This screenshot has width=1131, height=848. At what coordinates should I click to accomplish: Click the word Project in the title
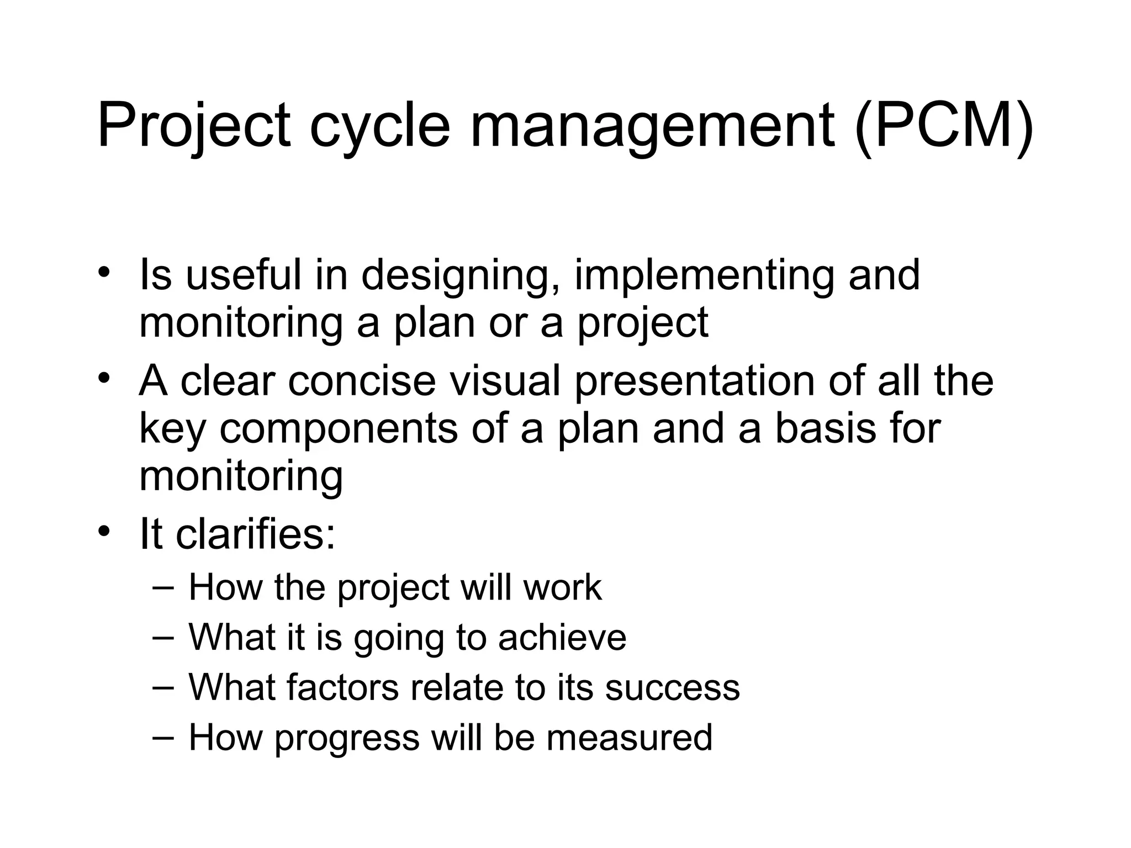(193, 126)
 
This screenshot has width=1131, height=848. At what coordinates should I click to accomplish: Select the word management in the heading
(652, 126)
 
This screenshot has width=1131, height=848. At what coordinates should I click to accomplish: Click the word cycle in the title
(380, 126)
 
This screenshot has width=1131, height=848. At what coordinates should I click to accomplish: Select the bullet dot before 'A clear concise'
(104, 378)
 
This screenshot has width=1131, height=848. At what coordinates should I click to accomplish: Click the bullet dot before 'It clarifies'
(104, 531)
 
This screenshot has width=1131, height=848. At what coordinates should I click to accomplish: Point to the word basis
(825, 429)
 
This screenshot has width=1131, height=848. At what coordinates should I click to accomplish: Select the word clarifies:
(255, 534)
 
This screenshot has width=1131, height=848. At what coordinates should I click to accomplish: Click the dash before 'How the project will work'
(162, 586)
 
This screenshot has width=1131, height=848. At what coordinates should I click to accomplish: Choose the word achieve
(562, 637)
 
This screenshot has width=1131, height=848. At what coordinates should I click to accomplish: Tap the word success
(672, 687)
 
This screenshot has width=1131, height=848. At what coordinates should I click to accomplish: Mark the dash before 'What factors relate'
(162, 687)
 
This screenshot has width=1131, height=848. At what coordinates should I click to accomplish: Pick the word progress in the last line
(347, 739)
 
